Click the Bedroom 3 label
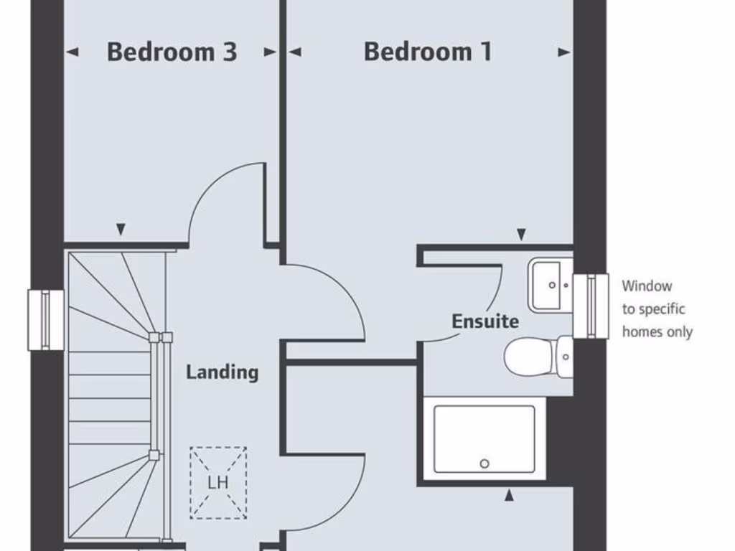(172, 52)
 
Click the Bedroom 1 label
(428, 52)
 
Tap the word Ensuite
(485, 321)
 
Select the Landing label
(222, 372)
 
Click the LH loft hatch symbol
(218, 482)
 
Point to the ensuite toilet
(535, 357)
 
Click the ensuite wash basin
(551, 285)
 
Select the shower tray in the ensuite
(484, 438)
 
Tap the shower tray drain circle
(484, 463)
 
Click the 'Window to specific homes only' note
(657, 309)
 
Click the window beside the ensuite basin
(591, 306)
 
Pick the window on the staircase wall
(46, 320)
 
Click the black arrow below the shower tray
(510, 494)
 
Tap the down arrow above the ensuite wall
(522, 234)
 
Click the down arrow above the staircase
(121, 230)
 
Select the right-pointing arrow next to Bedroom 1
(564, 52)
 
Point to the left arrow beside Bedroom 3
(72, 52)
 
